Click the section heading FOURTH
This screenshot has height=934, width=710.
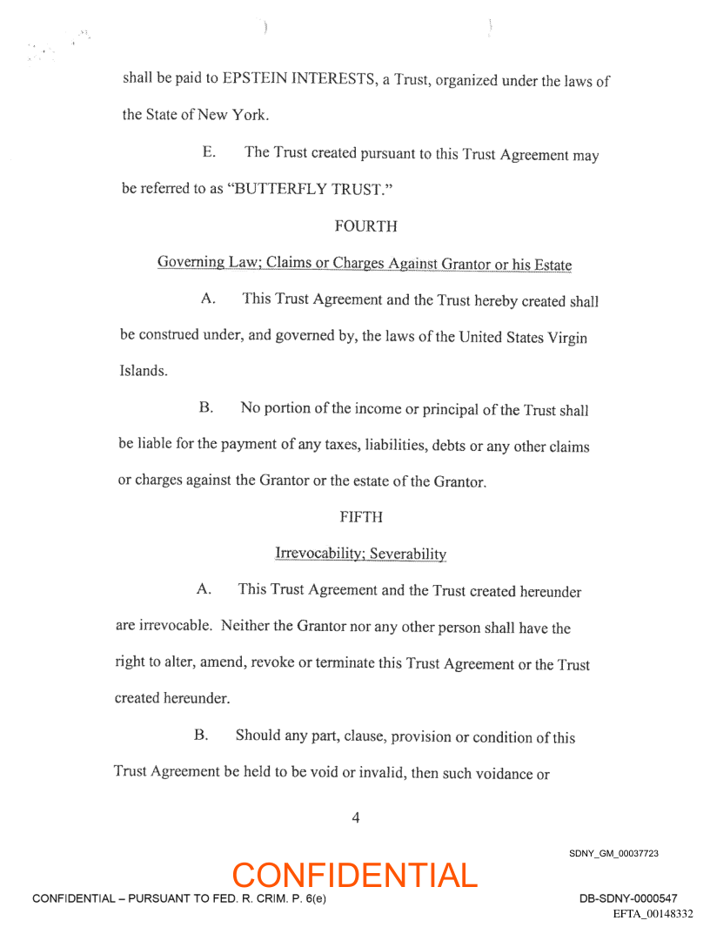(365, 226)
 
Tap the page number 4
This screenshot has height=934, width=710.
(355, 817)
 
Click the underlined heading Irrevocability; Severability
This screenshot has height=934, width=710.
(360, 554)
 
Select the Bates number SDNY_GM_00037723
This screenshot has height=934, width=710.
(613, 853)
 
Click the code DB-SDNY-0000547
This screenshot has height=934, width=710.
(628, 898)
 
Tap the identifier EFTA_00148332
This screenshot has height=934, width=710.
(653, 913)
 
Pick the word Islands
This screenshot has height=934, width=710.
(143, 371)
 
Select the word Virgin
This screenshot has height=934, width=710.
(566, 338)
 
